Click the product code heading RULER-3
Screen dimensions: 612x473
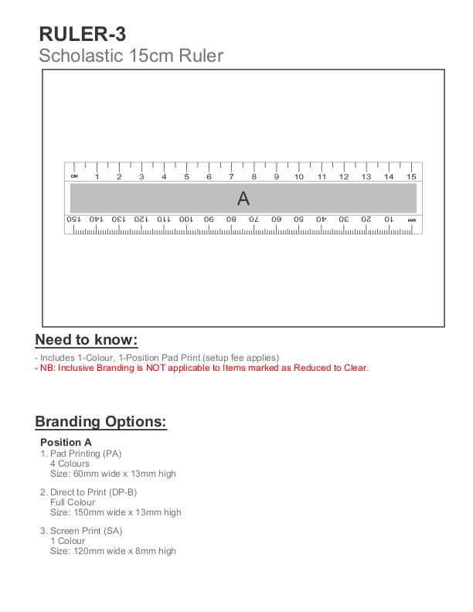(x=82, y=34)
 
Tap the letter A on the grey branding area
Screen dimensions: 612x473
(x=243, y=199)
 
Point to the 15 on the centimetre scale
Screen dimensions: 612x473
(x=412, y=177)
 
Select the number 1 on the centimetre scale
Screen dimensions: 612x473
(x=97, y=177)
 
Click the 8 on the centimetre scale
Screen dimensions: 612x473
(x=254, y=177)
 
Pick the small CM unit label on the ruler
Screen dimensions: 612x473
(x=75, y=176)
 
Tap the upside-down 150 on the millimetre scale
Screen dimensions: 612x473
(x=73, y=219)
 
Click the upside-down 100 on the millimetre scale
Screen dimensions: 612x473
(x=186, y=219)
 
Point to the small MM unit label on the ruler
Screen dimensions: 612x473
(x=412, y=220)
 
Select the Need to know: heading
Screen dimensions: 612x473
(x=87, y=340)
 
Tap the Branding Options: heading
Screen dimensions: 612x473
(x=100, y=422)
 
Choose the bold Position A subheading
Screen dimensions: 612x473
(x=66, y=442)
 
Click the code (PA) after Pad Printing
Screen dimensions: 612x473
(x=110, y=454)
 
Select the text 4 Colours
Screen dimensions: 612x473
(x=70, y=464)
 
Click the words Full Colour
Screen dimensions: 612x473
(x=73, y=502)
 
